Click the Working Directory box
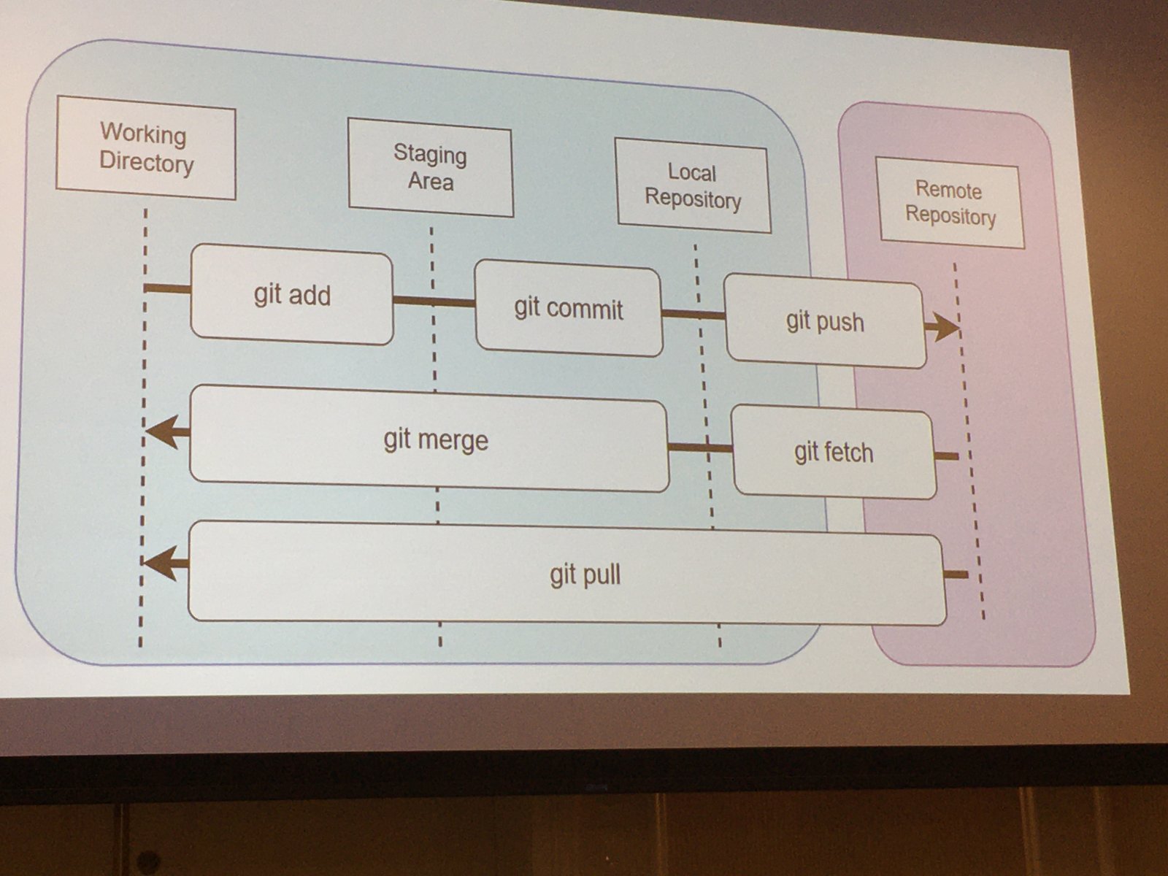point(146,147)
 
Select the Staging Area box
point(431,168)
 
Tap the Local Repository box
point(693,185)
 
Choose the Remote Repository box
point(950,204)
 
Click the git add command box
point(292,295)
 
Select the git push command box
point(825,321)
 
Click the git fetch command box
point(834,453)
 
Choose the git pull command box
point(566,574)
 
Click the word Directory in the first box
point(147,162)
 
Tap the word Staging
point(430,154)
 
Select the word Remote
point(948,190)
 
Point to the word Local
point(692,172)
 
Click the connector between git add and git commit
point(434,301)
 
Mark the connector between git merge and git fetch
point(700,447)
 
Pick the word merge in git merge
point(454,441)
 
